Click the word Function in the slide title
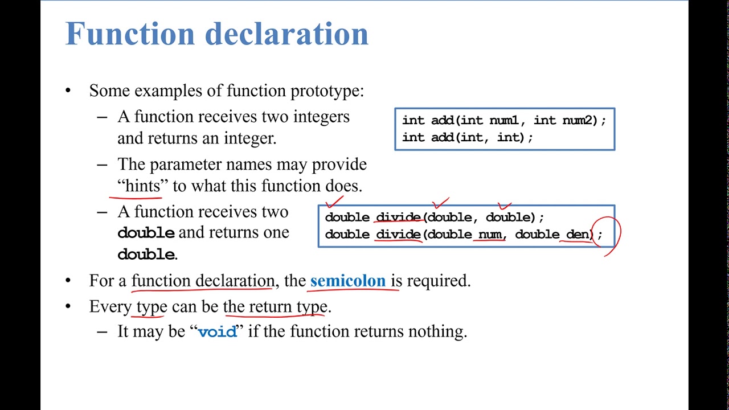point(130,34)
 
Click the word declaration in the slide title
point(286,34)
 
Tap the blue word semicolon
point(347,281)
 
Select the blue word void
point(217,332)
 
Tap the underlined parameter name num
point(490,235)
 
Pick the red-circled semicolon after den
point(599,235)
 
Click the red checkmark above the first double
point(334,202)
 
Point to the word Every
point(110,307)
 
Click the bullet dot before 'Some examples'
point(68,91)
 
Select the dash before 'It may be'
point(102,331)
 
